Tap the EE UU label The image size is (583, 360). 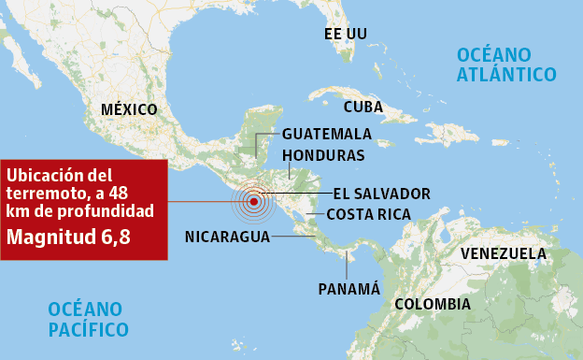tap(345, 34)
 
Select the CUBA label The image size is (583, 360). tap(363, 107)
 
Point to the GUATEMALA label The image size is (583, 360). tap(326, 134)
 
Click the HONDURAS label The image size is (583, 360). tap(323, 154)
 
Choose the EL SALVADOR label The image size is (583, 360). tap(381, 194)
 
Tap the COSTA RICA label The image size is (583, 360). tap(368, 215)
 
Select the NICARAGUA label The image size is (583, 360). tap(227, 236)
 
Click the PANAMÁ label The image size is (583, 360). tap(348, 288)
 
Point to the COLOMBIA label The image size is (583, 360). tap(432, 304)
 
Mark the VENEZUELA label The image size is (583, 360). tap(504, 253)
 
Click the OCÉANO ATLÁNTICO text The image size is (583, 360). tap(506, 64)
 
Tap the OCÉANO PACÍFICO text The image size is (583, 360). tap(89, 318)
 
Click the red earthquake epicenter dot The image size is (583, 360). tap(253, 201)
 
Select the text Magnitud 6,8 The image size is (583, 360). tap(68, 237)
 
